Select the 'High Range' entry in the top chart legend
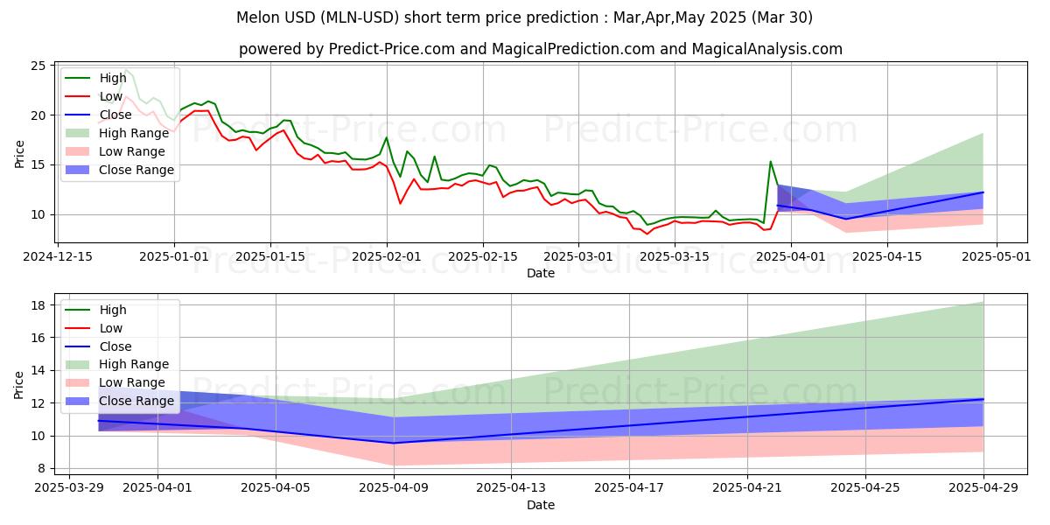(134, 133)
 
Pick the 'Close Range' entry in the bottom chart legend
(136, 401)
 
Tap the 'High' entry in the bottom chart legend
(113, 310)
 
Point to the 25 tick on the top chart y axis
(38, 66)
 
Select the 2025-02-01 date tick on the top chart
(387, 256)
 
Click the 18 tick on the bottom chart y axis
(38, 305)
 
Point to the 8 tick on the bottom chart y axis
(41, 468)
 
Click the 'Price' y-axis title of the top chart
(19, 153)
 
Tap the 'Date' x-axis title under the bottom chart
(541, 505)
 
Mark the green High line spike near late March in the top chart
(770, 162)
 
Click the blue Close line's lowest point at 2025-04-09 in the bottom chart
(394, 443)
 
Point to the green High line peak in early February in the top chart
(386, 137)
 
